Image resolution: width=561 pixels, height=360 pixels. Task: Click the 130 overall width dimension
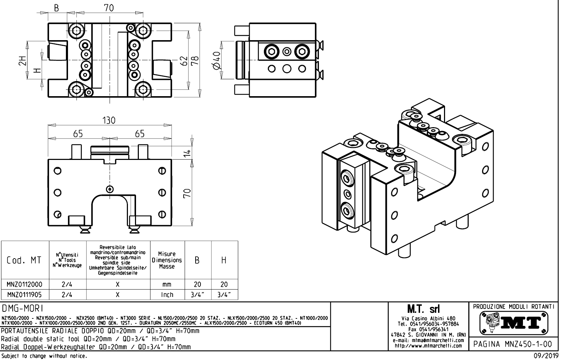(x=109, y=120)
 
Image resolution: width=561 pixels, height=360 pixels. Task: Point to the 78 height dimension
(x=195, y=61)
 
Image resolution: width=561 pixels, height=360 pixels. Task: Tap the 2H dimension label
(x=23, y=61)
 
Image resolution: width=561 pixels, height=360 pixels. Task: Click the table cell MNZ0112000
(x=25, y=284)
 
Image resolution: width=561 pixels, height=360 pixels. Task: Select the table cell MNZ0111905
(x=25, y=294)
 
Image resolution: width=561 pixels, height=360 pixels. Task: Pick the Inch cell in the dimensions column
(x=167, y=294)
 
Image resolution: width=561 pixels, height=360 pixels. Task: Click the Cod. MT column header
(x=24, y=260)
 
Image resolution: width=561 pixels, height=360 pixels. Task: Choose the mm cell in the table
(x=167, y=284)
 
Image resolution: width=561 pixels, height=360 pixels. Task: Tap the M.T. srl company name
(x=428, y=309)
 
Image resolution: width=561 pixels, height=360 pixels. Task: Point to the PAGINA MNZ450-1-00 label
(x=513, y=344)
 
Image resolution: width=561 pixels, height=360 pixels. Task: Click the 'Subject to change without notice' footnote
(x=44, y=356)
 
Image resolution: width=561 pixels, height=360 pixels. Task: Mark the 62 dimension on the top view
(x=184, y=61)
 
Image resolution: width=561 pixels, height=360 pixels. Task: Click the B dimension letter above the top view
(x=56, y=8)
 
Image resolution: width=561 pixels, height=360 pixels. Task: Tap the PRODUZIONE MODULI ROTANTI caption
(x=513, y=306)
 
